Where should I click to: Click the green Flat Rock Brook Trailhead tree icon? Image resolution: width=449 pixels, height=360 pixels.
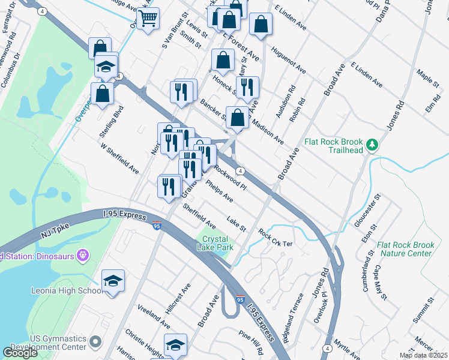[x=372, y=145]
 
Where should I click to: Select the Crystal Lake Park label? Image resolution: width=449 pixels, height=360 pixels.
[x=214, y=244]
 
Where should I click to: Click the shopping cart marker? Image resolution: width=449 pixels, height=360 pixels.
[x=147, y=18]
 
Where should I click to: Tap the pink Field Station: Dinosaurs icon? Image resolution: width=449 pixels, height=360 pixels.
[x=83, y=256]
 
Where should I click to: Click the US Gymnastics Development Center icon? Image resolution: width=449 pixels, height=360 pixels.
[x=94, y=343]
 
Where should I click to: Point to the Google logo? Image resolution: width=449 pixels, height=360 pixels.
[x=20, y=353]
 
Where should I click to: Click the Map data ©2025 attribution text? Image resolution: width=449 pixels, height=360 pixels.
[x=423, y=355]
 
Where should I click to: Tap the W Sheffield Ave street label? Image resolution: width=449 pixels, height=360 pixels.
[x=119, y=158]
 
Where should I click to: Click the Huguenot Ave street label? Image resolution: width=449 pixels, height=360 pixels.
[x=288, y=61]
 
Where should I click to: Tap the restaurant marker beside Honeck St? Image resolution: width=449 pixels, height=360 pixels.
[x=247, y=88]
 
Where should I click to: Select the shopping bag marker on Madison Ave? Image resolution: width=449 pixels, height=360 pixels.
[x=238, y=119]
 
